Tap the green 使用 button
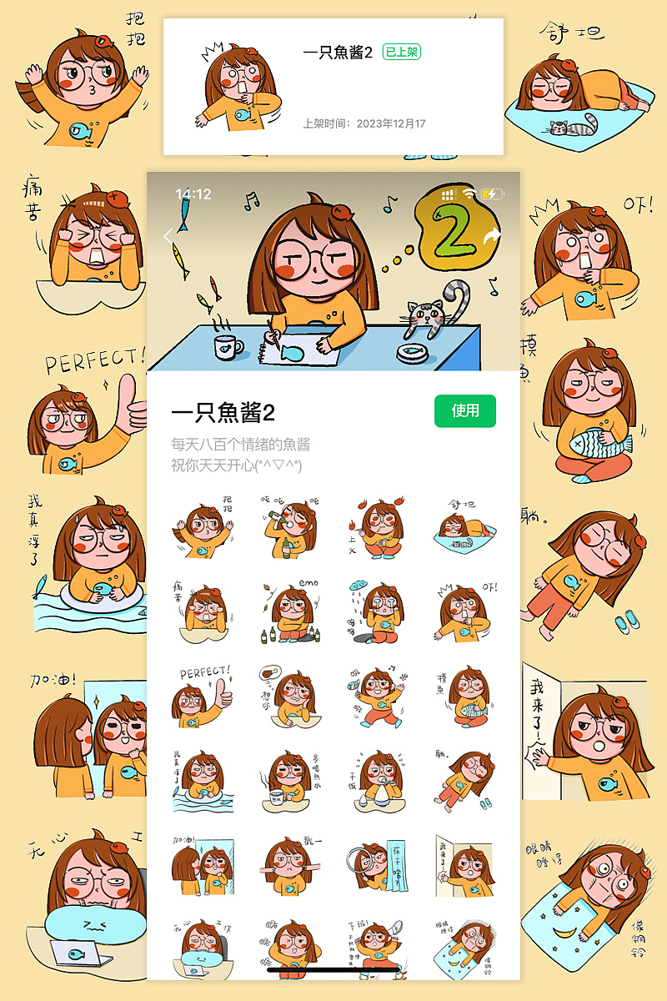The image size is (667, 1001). click(x=465, y=410)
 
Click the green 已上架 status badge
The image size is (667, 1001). click(x=401, y=52)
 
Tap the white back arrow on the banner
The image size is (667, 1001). click(x=168, y=236)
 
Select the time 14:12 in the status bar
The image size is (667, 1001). click(x=193, y=194)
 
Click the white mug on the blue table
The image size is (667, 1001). click(x=228, y=345)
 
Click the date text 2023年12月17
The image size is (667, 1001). click(x=390, y=123)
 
